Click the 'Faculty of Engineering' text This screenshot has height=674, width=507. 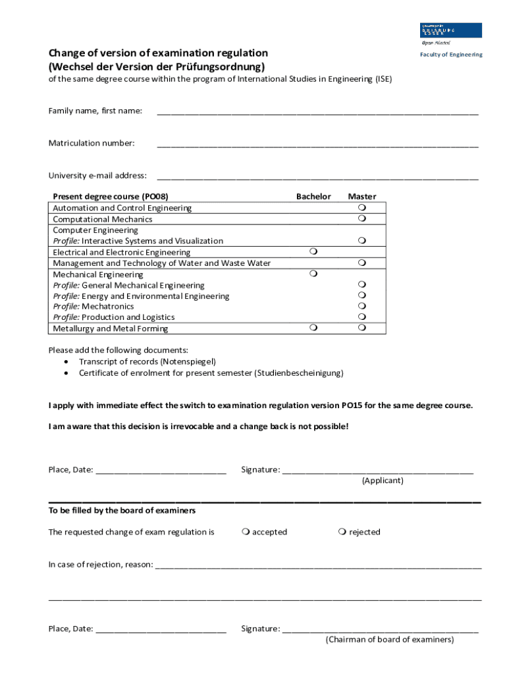pyautogui.click(x=451, y=55)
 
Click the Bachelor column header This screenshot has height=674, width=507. pyautogui.click(x=313, y=196)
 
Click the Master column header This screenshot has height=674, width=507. pyautogui.click(x=361, y=196)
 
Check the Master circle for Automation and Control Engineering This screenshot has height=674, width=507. pyautogui.click(x=362, y=207)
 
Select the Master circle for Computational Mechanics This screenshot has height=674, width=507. pyautogui.click(x=362, y=218)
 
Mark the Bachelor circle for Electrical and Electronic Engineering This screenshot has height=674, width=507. pyautogui.click(x=313, y=251)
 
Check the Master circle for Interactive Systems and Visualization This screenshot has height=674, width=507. pyautogui.click(x=362, y=240)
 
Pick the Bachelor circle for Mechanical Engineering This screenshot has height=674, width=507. pyautogui.click(x=313, y=273)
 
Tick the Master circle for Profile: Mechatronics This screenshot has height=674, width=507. pyautogui.click(x=362, y=306)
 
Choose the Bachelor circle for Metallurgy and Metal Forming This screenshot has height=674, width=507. pyautogui.click(x=313, y=327)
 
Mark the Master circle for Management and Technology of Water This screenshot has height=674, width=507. pyautogui.click(x=362, y=263)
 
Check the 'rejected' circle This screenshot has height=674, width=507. pyautogui.click(x=342, y=532)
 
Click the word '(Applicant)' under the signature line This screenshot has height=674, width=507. pyautogui.click(x=383, y=480)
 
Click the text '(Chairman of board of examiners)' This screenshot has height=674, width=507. pyautogui.click(x=390, y=639)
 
